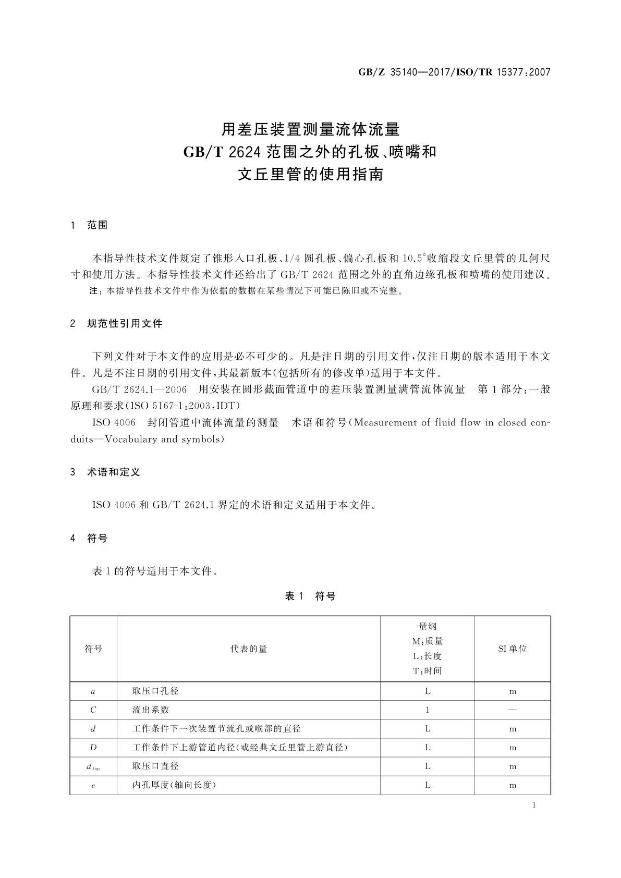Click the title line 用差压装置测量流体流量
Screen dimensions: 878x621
coord(310,129)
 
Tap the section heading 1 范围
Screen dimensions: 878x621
coord(89,225)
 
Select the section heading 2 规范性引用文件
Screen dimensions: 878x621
coord(116,324)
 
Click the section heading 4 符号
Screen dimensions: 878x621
coord(89,539)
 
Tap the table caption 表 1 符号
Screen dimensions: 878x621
coord(310,596)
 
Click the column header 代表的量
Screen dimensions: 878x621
coord(249,649)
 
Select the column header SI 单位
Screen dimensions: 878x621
coord(513,649)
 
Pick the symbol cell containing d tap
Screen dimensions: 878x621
coord(93,766)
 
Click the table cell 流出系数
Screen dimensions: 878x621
coord(151,710)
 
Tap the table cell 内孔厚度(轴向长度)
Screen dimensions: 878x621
coord(174,785)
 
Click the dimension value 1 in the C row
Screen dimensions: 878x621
coord(428,710)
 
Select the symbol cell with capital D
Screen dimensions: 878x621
coord(93,748)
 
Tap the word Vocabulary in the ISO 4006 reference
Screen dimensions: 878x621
coord(131,439)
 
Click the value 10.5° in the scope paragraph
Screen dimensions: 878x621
coord(414,258)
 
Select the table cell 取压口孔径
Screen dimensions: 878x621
coord(155,691)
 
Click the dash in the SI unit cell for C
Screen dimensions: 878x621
coord(513,710)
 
